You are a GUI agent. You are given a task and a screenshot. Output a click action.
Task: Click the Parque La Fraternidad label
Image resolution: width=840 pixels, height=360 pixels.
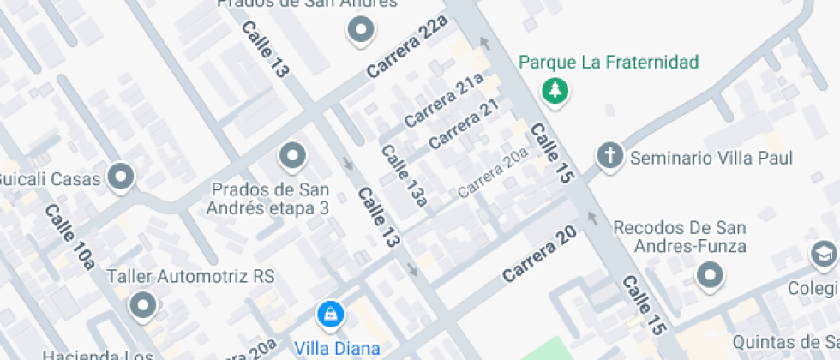click(x=609, y=63)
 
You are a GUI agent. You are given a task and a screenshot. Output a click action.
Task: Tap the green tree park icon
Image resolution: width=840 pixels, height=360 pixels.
click(x=555, y=90)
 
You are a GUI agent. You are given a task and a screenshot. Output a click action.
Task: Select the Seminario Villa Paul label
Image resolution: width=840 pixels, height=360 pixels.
click(x=711, y=159)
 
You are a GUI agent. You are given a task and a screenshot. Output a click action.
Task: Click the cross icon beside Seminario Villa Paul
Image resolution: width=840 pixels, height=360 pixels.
click(x=609, y=157)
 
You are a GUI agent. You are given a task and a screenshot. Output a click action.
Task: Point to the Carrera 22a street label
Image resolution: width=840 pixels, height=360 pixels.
click(x=407, y=48)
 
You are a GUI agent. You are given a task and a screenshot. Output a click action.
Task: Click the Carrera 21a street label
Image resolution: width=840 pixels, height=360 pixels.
click(x=445, y=101)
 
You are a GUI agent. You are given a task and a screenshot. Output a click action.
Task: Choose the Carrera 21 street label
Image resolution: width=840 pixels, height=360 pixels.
click(x=464, y=124)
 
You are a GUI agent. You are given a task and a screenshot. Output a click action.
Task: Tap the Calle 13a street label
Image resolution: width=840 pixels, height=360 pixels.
click(x=404, y=176)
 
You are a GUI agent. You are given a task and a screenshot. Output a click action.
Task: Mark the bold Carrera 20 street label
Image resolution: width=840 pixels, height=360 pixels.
click(x=538, y=255)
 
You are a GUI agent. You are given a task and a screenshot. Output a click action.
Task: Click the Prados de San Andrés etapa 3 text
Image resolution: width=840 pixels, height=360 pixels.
click(x=271, y=198)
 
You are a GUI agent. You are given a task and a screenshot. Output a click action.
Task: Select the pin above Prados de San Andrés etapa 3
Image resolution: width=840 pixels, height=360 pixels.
click(x=293, y=157)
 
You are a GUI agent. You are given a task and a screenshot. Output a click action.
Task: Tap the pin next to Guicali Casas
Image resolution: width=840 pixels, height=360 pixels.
click(x=121, y=177)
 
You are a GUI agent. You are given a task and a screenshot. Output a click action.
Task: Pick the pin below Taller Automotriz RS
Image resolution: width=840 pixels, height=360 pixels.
click(x=142, y=305)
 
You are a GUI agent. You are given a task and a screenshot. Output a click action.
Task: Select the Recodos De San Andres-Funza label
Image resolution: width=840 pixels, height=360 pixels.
click(x=679, y=237)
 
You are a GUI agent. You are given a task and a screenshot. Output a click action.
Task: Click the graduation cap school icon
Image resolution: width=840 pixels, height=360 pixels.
click(x=823, y=255)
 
